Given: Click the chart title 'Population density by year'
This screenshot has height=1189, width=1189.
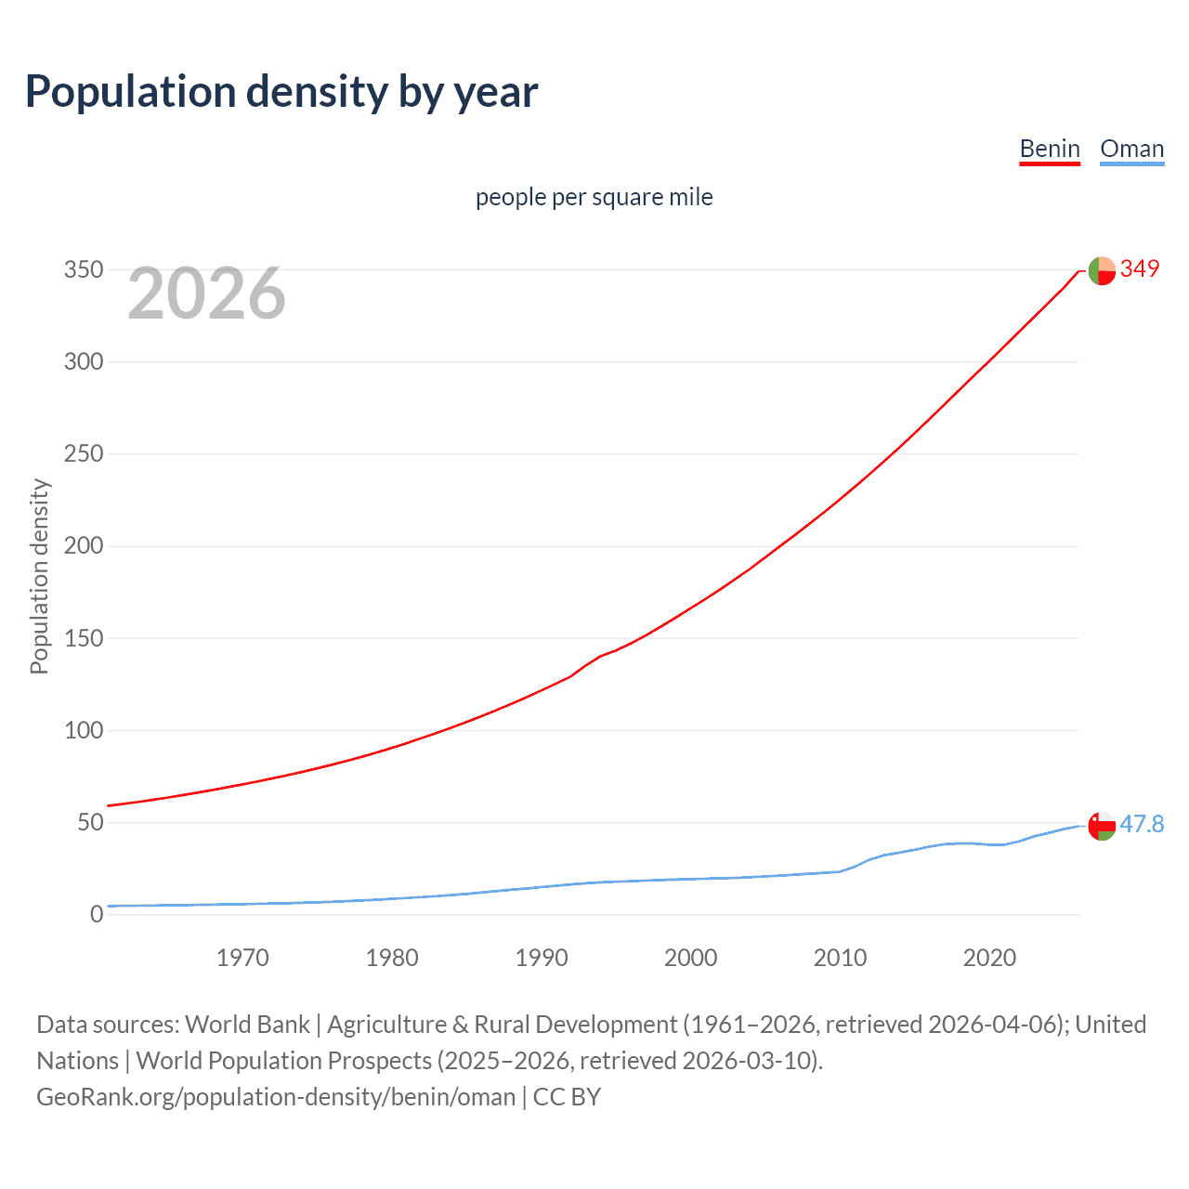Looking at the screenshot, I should [281, 92].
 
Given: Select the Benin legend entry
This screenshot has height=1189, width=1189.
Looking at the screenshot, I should [1050, 149].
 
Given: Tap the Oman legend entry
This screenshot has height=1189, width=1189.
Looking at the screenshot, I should [1131, 149].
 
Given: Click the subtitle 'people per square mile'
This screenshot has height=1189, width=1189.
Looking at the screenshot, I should [594, 197].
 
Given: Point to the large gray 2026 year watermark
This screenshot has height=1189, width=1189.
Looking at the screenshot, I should [206, 294].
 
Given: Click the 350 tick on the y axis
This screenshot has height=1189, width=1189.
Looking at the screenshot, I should [84, 269].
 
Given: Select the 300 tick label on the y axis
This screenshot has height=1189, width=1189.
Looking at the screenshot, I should [84, 361].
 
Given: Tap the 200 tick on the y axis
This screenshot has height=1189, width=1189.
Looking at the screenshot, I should [84, 545].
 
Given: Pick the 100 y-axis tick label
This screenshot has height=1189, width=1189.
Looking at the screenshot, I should [84, 730].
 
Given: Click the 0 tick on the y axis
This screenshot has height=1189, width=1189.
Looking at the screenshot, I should [97, 914].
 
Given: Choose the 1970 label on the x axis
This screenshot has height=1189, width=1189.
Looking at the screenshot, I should [242, 958].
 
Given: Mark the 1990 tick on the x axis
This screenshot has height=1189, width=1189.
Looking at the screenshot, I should [542, 958].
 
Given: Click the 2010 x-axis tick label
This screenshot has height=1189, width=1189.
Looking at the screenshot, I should [840, 958].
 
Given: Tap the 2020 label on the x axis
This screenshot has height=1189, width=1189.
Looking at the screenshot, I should [989, 958].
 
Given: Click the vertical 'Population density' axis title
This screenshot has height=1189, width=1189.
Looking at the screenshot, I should [39, 576].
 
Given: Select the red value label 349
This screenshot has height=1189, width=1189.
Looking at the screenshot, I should [1140, 268].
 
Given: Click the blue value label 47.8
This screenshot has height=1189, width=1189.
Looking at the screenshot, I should [1142, 824].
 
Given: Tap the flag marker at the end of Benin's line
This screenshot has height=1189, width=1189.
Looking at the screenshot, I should [1102, 270].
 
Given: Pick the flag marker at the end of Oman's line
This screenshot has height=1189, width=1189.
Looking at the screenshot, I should [1102, 826].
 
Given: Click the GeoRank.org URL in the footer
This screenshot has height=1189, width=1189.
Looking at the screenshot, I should [276, 1097].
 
